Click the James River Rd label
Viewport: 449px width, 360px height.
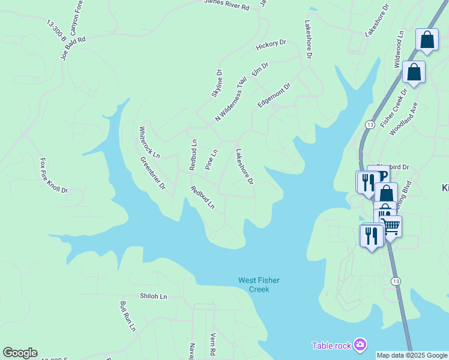226,6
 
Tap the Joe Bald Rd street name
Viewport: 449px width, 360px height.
73,48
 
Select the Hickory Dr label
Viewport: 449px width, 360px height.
271,46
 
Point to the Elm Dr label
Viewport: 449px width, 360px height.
260,68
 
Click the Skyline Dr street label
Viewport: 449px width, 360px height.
217,83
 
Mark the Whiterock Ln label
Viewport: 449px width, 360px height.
149,142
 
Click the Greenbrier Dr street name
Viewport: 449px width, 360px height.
152,173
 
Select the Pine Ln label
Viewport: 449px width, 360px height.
211,160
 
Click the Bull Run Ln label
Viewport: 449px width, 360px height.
128,316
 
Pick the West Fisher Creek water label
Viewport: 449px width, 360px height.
259,284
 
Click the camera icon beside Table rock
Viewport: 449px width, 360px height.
360,344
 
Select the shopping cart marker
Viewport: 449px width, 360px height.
391,226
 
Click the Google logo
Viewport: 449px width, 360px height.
20,353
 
